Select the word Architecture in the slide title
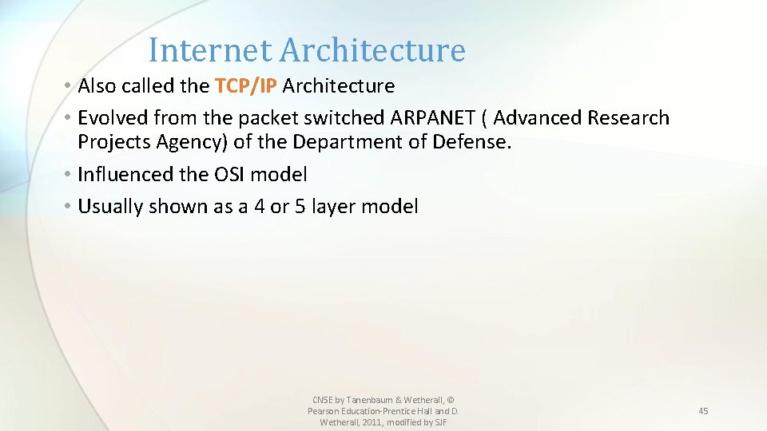coord(372,50)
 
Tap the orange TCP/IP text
coord(245,85)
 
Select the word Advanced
coord(538,118)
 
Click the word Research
coord(629,118)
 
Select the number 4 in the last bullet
coord(259,207)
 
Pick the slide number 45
coord(703,411)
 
